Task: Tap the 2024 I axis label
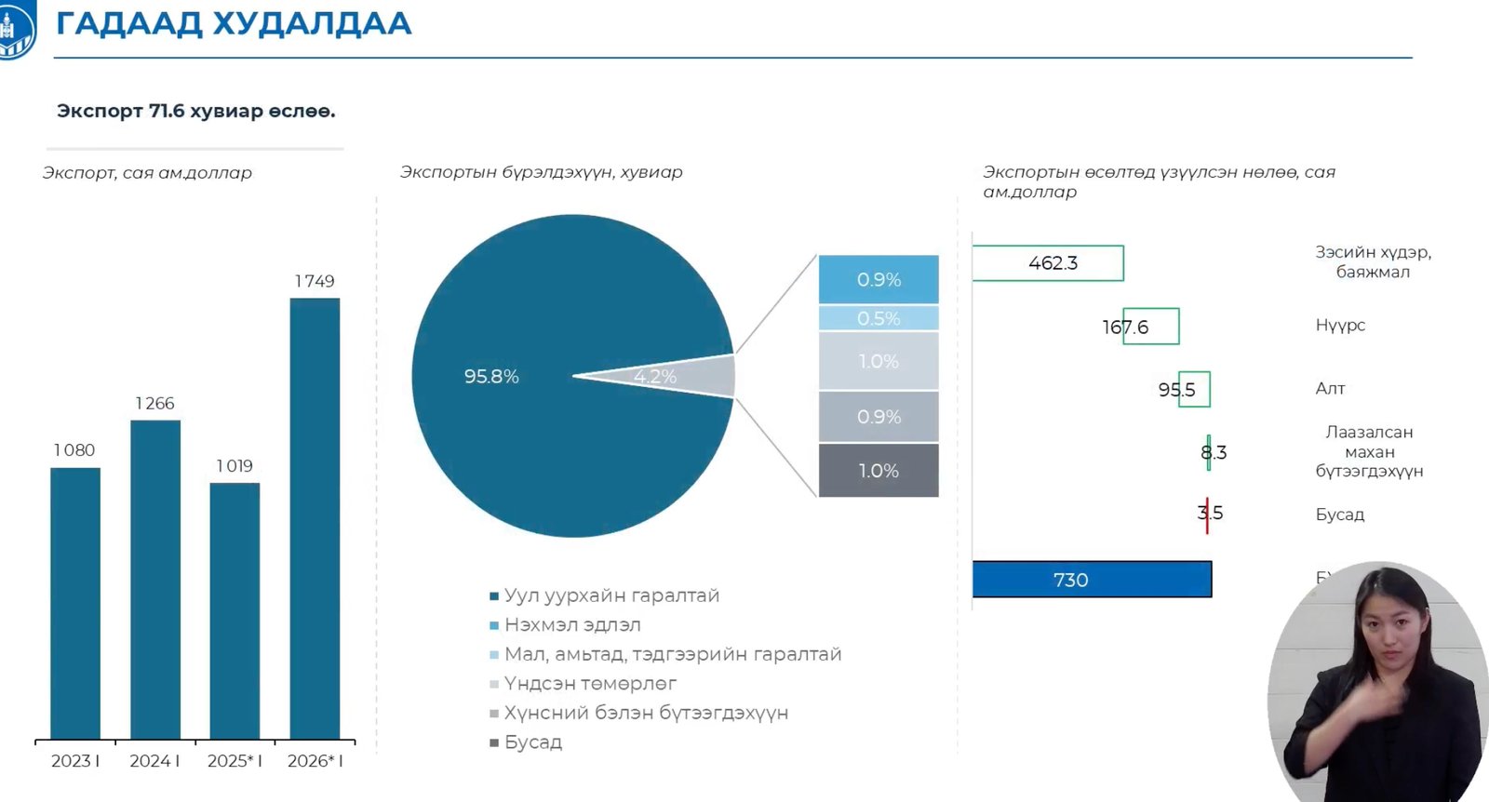154,761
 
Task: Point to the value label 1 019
235,466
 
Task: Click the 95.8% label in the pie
491,377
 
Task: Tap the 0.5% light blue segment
879,318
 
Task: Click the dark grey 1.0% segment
879,471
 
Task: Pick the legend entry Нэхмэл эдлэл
571,625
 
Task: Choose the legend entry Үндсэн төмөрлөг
589,684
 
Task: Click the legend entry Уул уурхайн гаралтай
610,595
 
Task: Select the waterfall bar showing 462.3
1048,263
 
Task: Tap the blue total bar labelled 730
1092,580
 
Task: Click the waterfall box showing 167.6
1151,327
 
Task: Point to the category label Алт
1330,389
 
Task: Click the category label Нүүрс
1340,326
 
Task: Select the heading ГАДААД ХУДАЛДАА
234,24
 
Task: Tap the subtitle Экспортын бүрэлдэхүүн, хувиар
541,172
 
